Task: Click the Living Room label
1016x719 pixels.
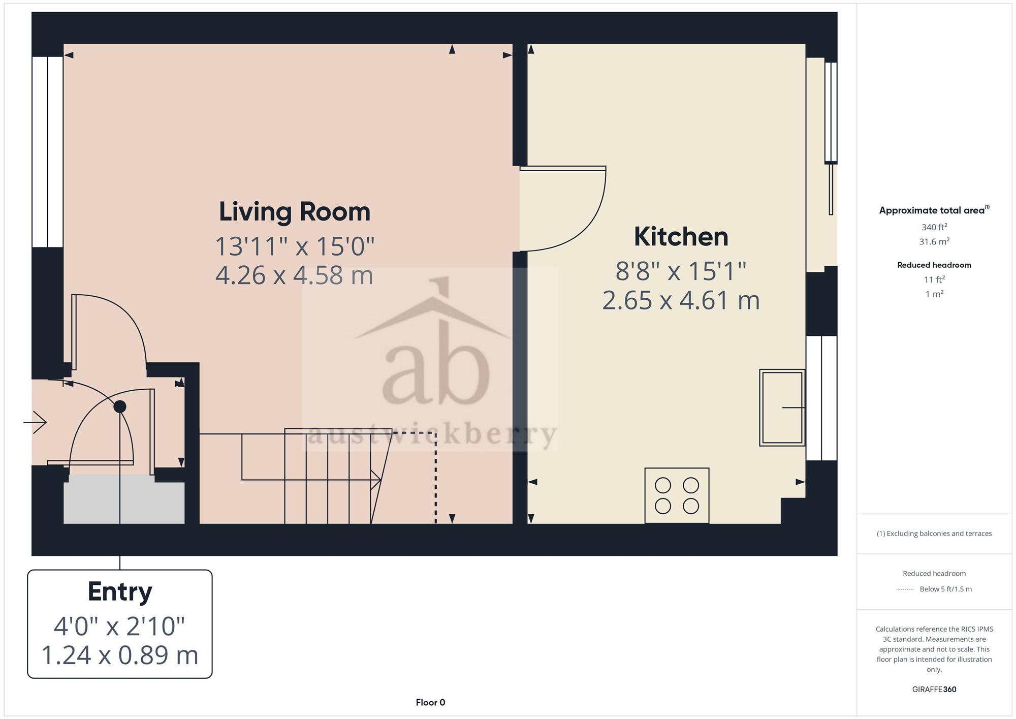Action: [x=295, y=212]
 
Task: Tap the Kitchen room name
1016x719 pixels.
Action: [x=681, y=237]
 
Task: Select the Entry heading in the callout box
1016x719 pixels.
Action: [x=120, y=592]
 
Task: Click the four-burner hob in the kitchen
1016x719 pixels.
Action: [x=677, y=495]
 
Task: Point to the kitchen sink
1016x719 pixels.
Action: [x=782, y=408]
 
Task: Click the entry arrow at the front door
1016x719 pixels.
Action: [x=35, y=422]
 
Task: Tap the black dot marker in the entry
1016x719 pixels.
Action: [x=120, y=407]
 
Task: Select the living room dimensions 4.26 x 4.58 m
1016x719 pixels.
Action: [x=295, y=275]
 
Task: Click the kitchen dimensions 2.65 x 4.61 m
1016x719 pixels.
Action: [x=681, y=300]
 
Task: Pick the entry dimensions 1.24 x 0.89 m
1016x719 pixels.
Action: [x=120, y=655]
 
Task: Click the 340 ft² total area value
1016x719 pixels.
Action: [x=934, y=227]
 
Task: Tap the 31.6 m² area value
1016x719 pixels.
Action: [x=934, y=241]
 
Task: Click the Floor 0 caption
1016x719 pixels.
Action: [x=430, y=702]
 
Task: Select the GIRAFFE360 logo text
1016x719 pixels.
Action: [x=934, y=689]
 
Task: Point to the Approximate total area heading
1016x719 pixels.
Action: [x=934, y=210]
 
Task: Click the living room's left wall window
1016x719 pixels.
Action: [x=47, y=151]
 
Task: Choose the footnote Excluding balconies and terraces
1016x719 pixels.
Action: [x=934, y=534]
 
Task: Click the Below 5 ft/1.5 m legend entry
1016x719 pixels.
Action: [x=945, y=589]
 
